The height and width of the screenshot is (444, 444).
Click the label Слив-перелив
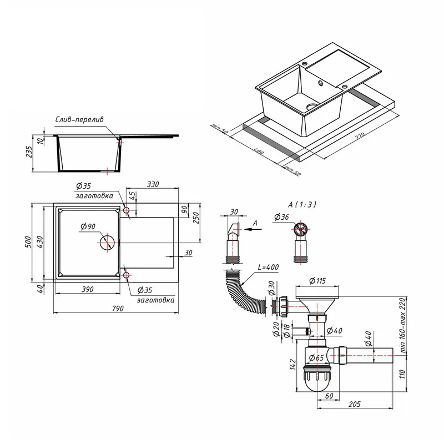coord(83,119)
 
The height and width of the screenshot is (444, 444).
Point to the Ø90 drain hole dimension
coord(88,226)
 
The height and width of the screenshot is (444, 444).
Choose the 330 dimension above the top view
coord(153,184)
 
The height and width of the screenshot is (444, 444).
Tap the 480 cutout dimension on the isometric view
coord(259,151)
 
